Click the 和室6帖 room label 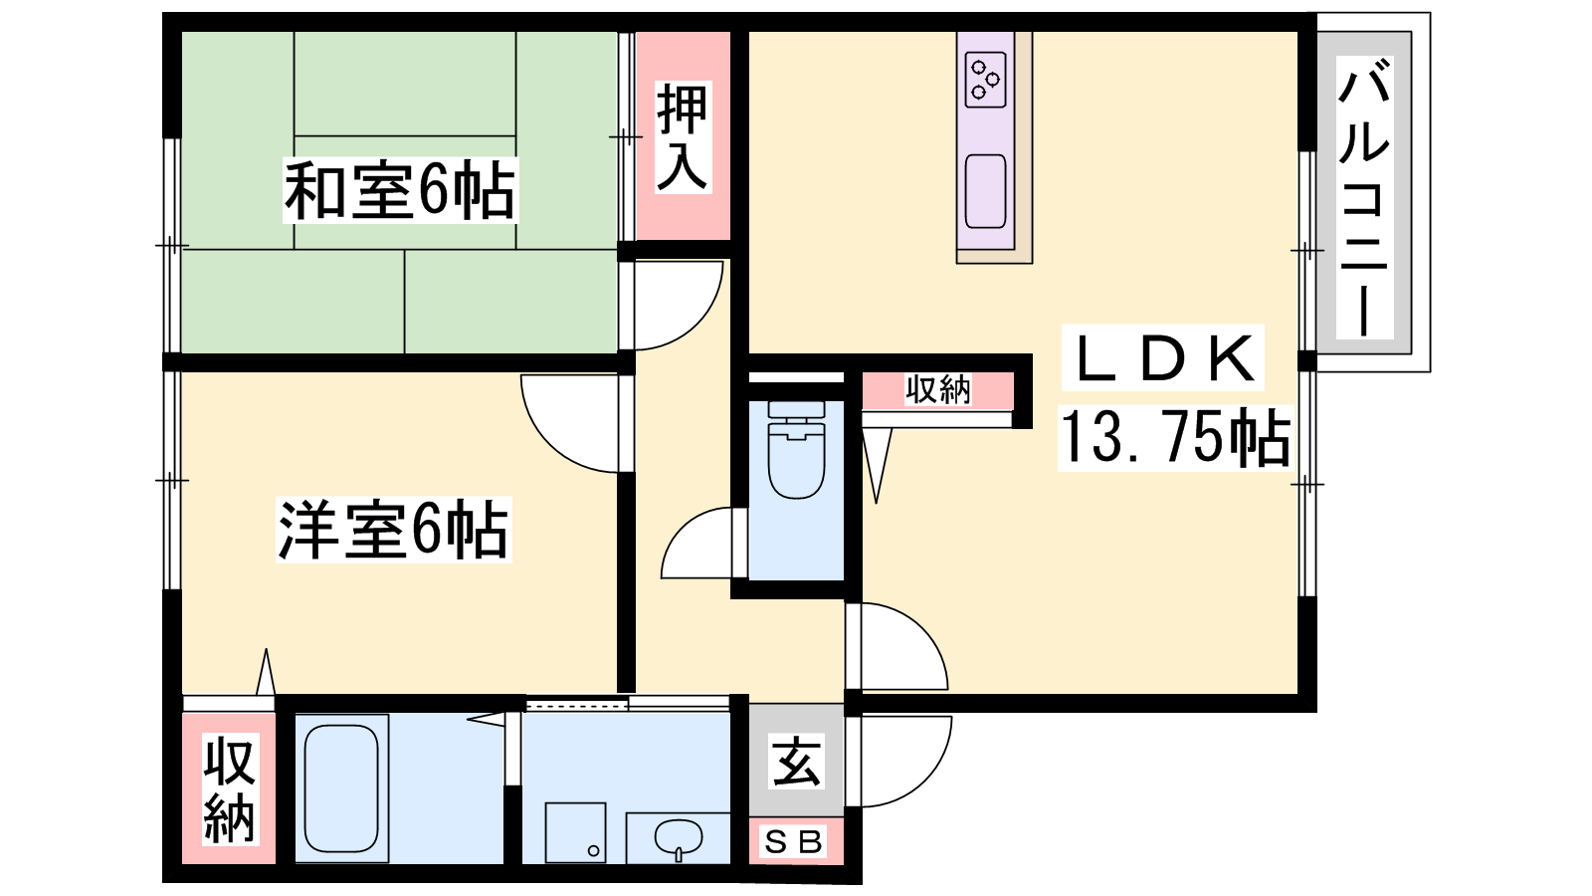(x=400, y=190)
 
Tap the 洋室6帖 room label (x=394, y=530)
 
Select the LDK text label (x=1163, y=357)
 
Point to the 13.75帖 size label (x=1175, y=437)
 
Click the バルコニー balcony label (x=1364, y=197)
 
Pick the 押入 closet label (x=683, y=137)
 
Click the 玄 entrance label (x=796, y=761)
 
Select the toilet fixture (x=797, y=449)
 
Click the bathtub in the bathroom (x=341, y=787)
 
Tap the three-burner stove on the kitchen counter (x=986, y=79)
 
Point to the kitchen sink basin (x=986, y=191)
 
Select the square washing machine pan (x=575, y=832)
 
